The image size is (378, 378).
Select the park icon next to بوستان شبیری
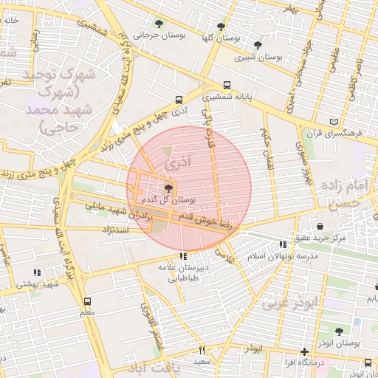tap(257, 46)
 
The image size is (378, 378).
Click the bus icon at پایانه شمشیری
tap(226, 85)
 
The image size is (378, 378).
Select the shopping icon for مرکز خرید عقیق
tap(320, 227)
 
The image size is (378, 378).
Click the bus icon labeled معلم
tap(88, 301)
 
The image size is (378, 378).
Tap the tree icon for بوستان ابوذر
tap(339, 332)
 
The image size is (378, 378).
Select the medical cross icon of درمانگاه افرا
tap(304, 352)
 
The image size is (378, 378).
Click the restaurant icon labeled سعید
tap(201, 350)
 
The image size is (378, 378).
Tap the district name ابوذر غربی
tap(289, 303)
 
